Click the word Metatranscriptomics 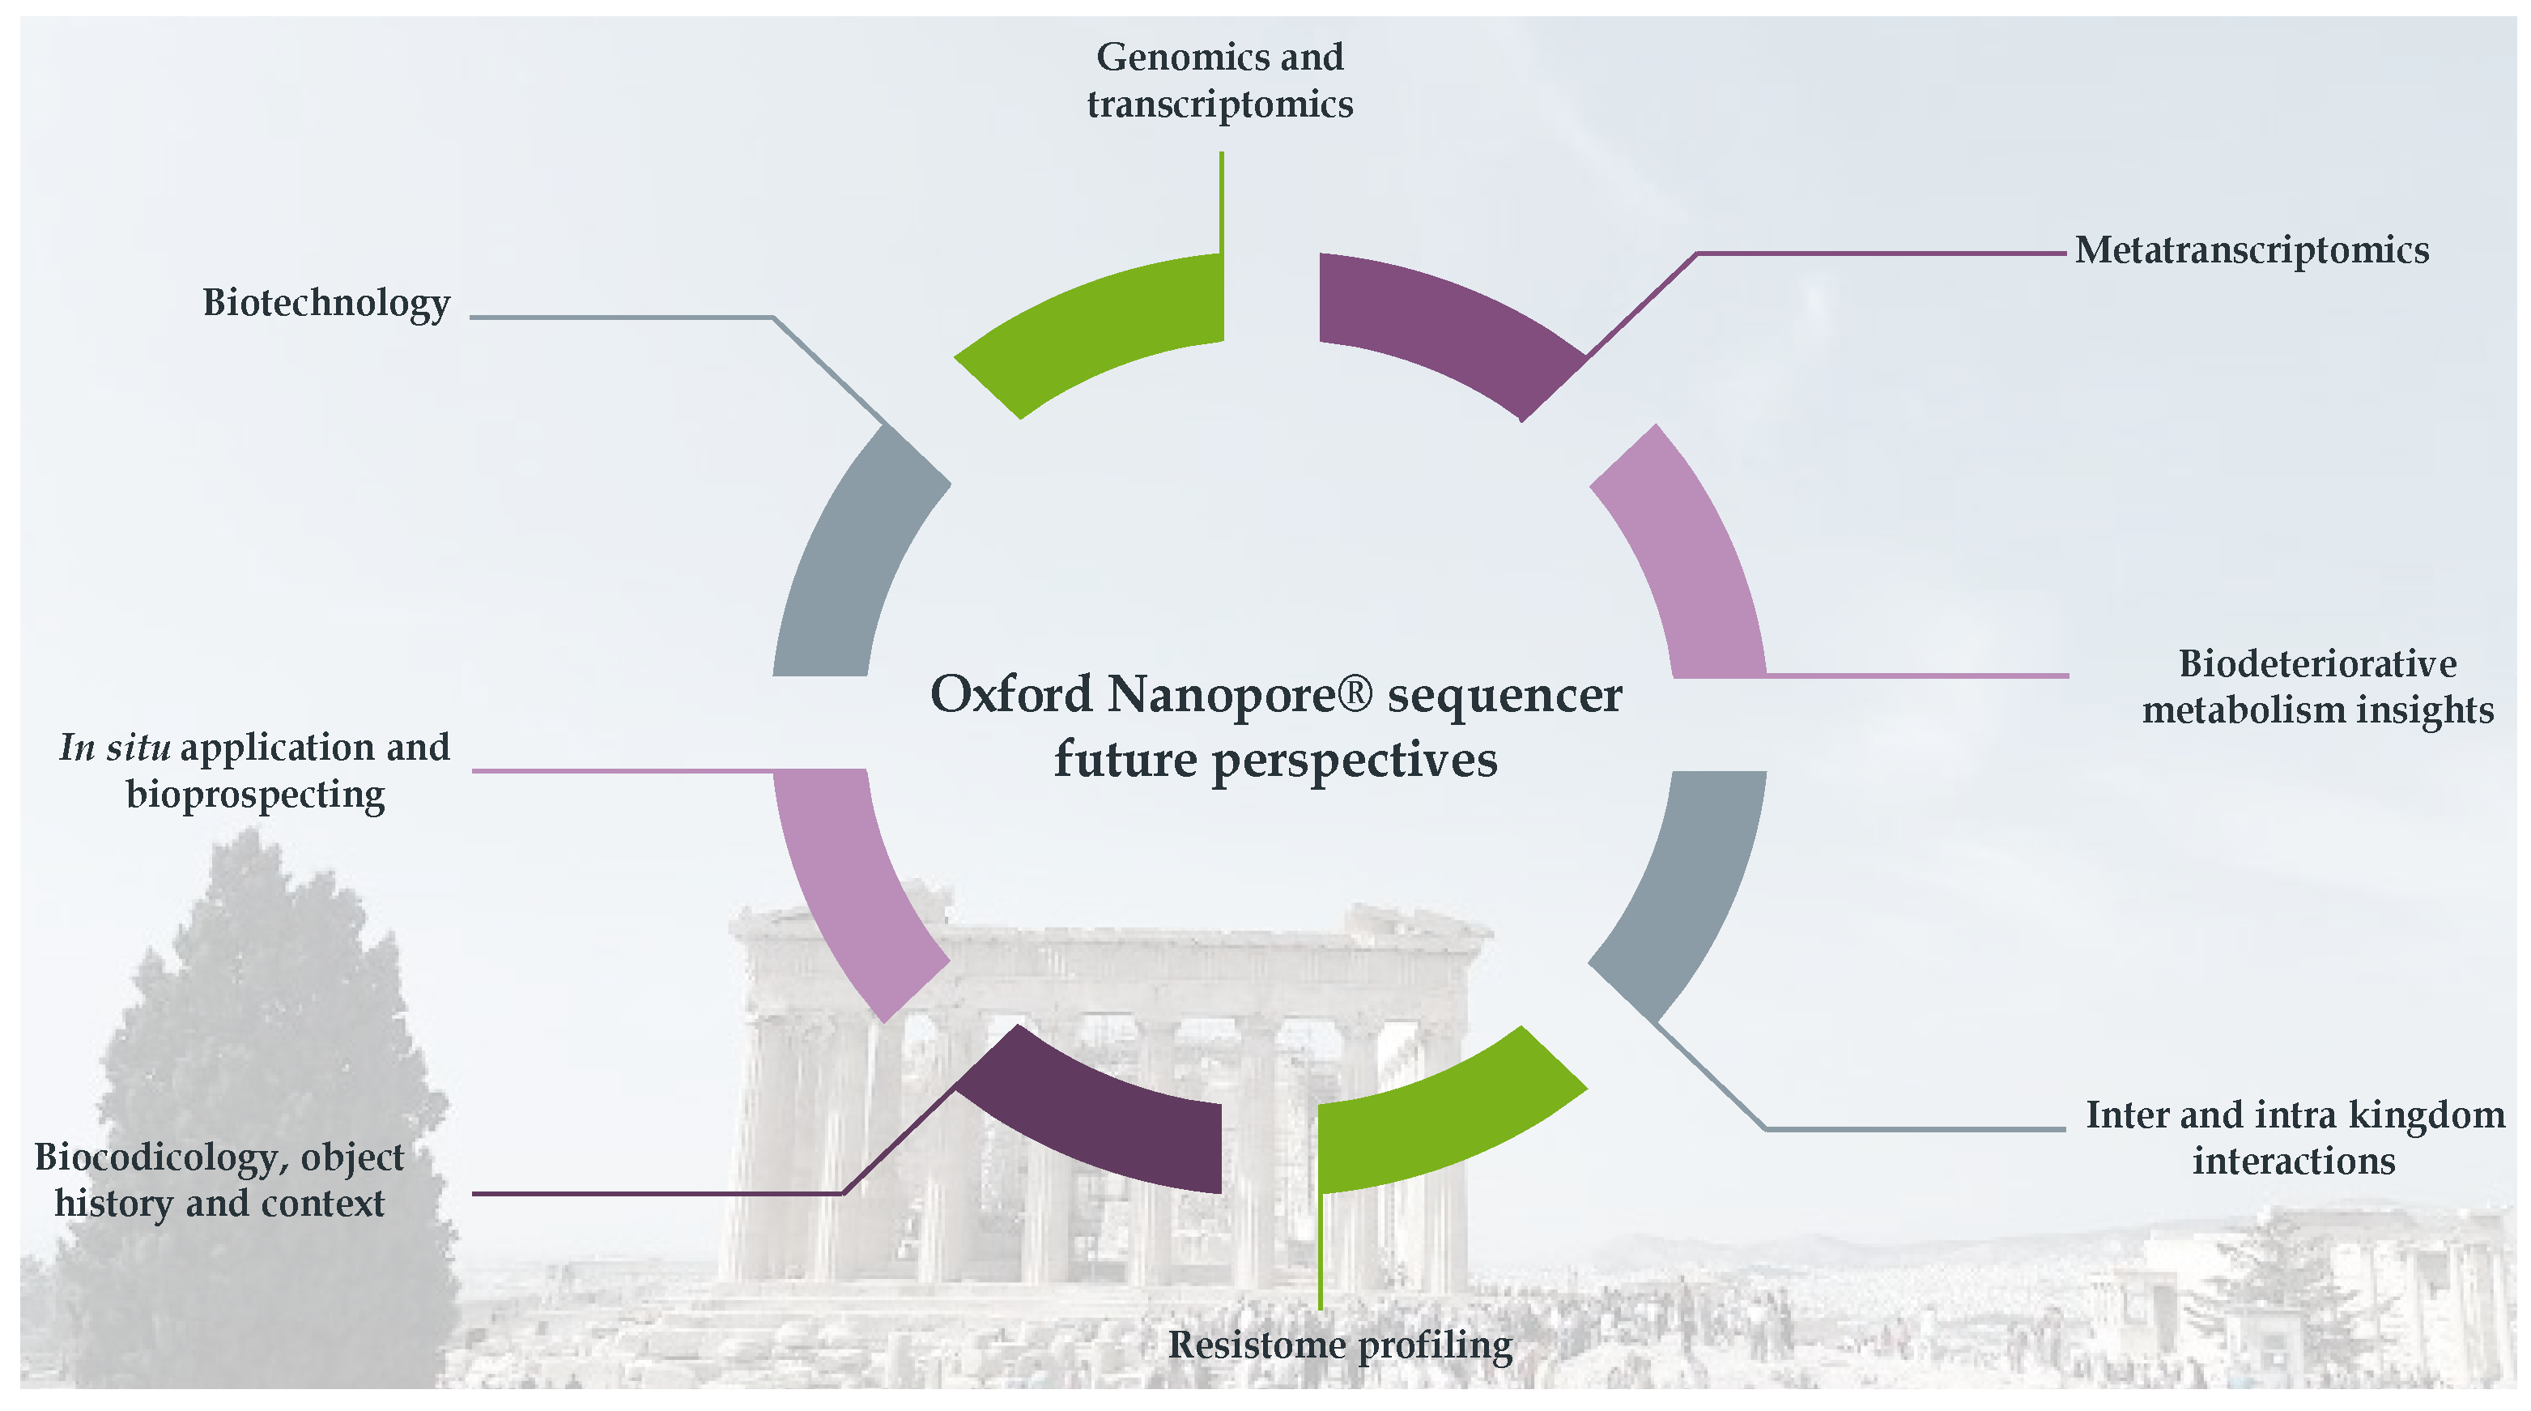click(2251, 250)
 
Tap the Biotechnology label click(326, 303)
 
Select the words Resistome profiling click(1340, 1345)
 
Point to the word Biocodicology click(157, 1157)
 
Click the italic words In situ click(114, 748)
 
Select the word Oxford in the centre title click(1011, 695)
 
